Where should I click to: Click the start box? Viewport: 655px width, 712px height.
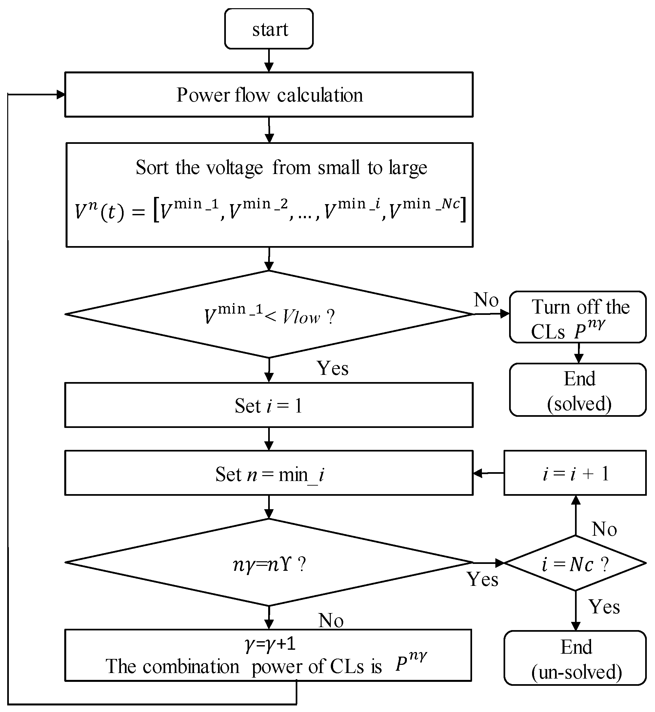(269, 29)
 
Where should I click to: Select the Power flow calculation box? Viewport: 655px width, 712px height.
(269, 95)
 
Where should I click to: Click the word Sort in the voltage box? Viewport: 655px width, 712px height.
(152, 167)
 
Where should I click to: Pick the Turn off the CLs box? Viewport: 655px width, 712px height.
(577, 318)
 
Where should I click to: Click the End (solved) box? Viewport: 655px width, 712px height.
(577, 390)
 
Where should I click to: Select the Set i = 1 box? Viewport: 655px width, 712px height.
(269, 405)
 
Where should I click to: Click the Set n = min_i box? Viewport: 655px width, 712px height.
(269, 473)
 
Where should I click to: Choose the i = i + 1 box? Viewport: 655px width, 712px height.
(575, 473)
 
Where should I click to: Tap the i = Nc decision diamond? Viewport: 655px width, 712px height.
(575, 564)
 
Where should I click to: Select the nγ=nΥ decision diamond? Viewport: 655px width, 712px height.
(269, 564)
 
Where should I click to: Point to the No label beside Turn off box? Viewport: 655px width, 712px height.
(486, 300)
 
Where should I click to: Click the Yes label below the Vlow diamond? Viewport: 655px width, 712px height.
(332, 368)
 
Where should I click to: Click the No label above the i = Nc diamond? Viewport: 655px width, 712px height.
(604, 529)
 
